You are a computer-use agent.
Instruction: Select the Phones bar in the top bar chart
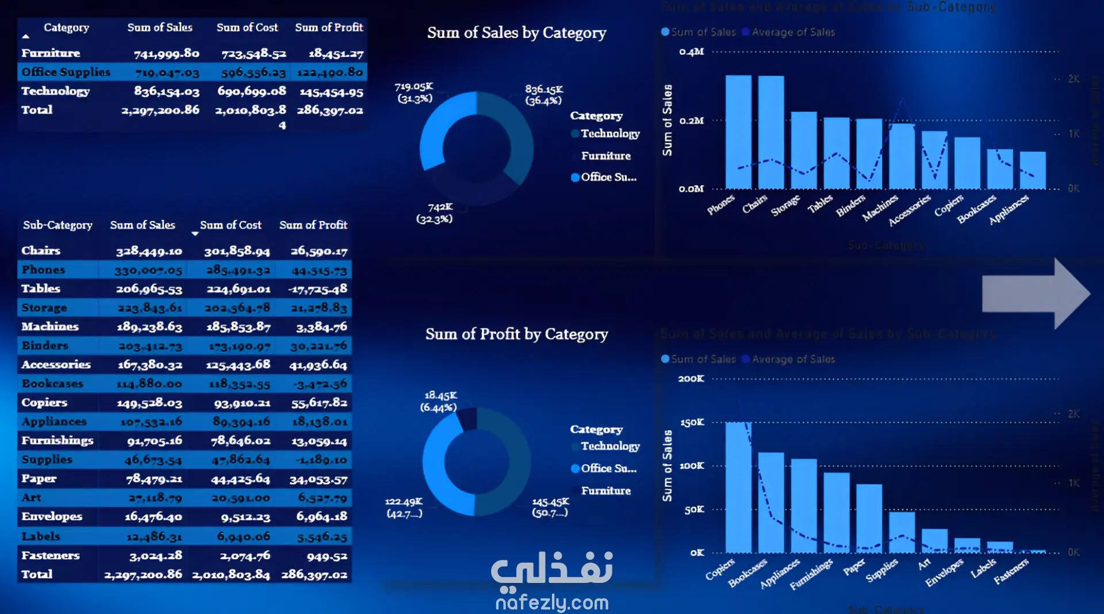click(x=738, y=132)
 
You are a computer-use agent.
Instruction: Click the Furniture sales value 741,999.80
click(x=166, y=54)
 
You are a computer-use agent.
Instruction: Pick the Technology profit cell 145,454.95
click(x=331, y=91)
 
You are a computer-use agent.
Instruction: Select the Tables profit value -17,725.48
click(x=318, y=289)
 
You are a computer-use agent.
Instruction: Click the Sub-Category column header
click(x=57, y=225)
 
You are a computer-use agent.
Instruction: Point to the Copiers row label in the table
click(x=44, y=402)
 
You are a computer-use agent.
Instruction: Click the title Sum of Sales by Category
click(x=516, y=33)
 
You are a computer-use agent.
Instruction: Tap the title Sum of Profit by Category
click(x=516, y=334)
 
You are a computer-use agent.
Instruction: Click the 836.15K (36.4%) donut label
click(x=543, y=95)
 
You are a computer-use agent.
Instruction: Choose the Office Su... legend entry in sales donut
click(x=608, y=177)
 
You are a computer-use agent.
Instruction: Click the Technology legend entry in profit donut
click(x=609, y=446)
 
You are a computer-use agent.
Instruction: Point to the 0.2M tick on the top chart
click(x=691, y=121)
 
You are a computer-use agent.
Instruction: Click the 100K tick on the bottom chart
click(x=692, y=466)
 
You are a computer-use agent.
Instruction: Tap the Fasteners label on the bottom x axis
click(x=1011, y=571)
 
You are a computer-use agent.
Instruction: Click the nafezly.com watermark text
click(x=552, y=602)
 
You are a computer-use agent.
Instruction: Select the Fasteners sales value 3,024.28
click(x=155, y=556)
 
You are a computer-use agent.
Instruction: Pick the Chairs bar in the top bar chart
click(x=770, y=132)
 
